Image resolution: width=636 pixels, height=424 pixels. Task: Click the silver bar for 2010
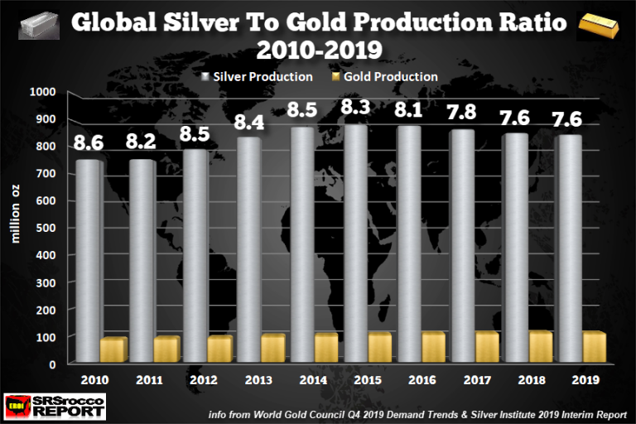pos(87,261)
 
